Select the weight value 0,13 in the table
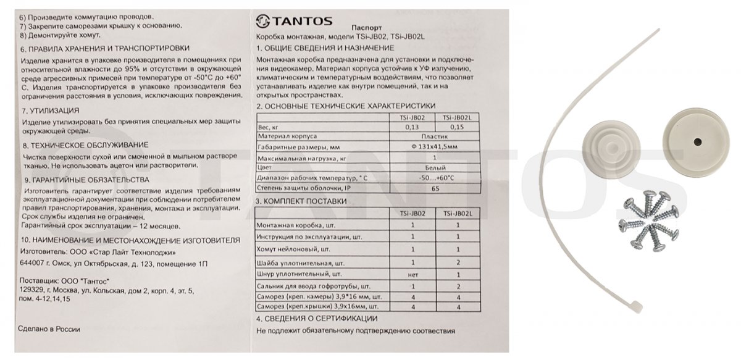tap(412, 127)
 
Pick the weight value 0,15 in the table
tap(458, 127)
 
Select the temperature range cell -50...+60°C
tap(435, 178)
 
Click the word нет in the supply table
tap(412, 273)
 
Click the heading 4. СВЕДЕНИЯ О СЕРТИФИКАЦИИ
tap(316, 319)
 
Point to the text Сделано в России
tap(49, 330)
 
